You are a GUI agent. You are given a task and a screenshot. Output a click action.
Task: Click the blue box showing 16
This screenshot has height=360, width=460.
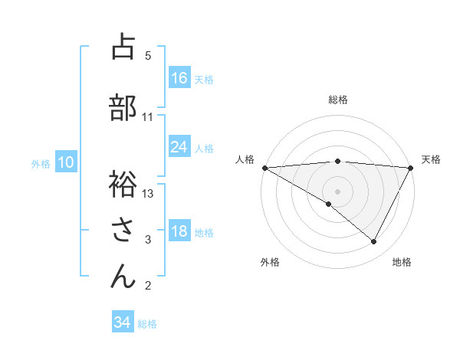coord(179,77)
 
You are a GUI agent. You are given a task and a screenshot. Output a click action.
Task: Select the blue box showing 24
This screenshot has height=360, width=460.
coord(179,147)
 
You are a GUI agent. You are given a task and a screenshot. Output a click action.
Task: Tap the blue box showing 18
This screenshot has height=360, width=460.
coord(179,232)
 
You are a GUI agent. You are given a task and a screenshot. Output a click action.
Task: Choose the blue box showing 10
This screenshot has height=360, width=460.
coord(66,162)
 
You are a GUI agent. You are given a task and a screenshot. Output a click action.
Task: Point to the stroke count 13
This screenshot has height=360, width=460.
coord(148,193)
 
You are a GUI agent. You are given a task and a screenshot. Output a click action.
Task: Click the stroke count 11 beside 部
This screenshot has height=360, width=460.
coord(148,117)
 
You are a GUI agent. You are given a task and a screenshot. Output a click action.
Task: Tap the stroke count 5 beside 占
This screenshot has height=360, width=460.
coord(148,55)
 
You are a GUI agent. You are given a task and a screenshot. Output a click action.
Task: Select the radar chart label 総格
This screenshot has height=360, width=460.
coord(338,100)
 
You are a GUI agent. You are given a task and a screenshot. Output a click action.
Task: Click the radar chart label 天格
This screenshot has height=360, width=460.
coord(432,159)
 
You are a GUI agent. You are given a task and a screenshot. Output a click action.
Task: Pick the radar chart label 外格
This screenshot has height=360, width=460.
coord(270,262)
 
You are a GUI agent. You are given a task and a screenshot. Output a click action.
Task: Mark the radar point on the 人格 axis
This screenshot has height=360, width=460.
coord(264,168)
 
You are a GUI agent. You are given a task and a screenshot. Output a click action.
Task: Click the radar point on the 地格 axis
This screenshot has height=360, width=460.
coord(374,241)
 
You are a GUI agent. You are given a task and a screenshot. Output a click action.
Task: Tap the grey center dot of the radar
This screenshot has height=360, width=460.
coord(337,191)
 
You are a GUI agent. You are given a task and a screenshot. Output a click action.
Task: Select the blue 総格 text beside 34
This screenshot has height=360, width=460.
coord(147,323)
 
